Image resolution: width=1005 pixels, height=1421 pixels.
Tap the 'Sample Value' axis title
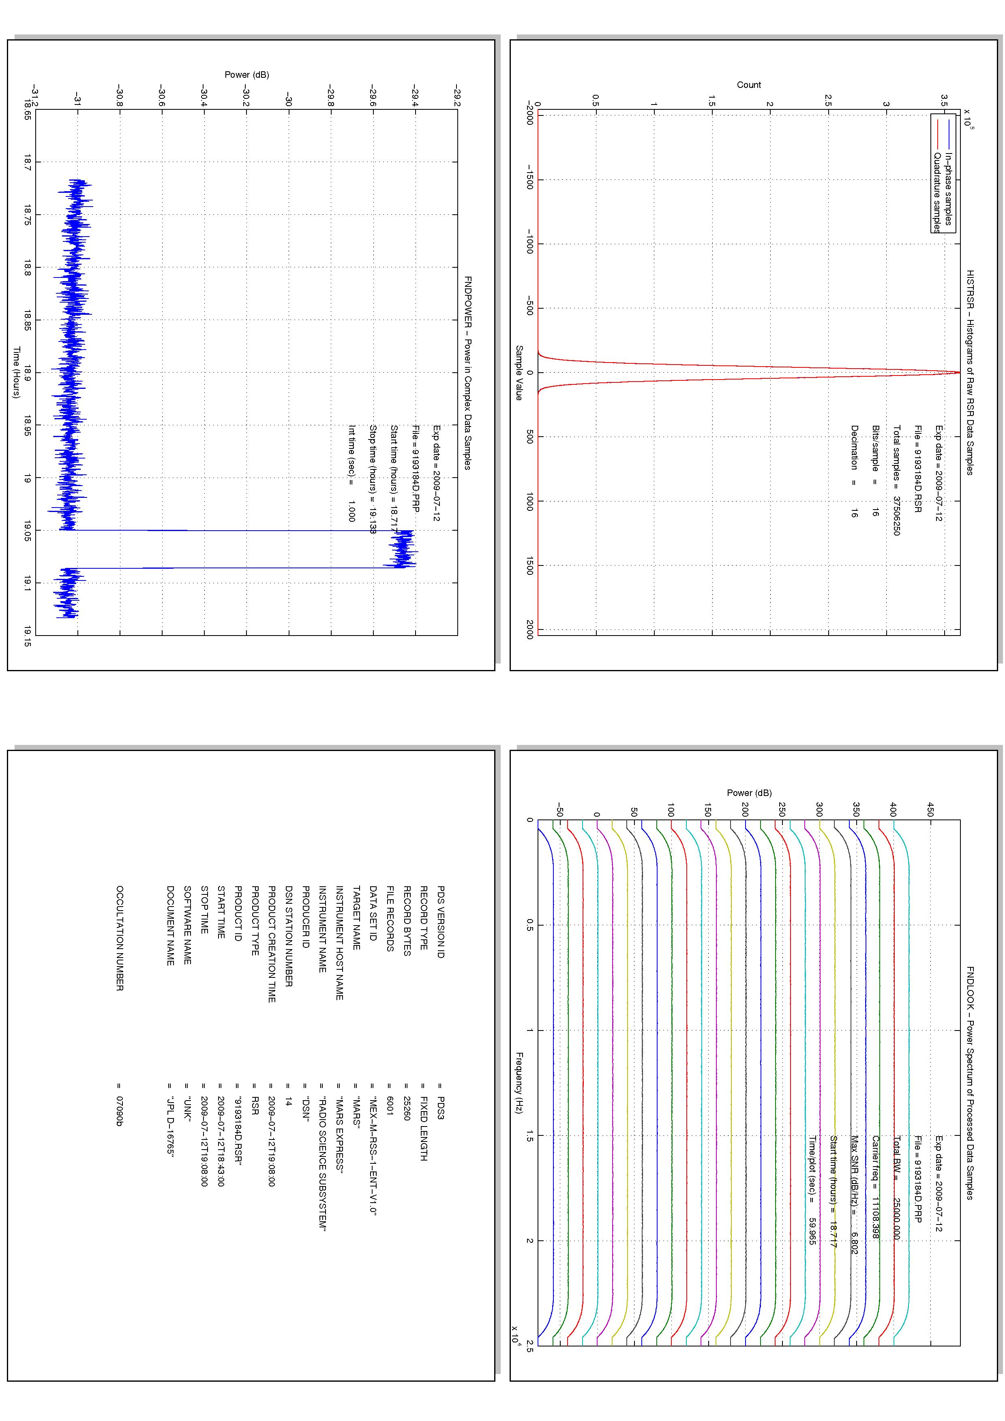point(519,373)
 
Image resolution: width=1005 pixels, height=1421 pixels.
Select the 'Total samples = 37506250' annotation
point(896,480)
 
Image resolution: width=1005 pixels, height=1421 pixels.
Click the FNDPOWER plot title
point(468,373)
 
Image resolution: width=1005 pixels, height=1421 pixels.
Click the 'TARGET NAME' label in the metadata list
point(356,918)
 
